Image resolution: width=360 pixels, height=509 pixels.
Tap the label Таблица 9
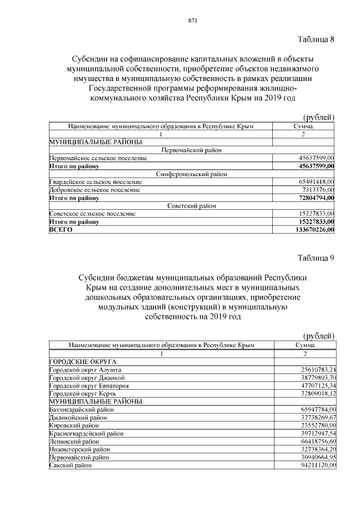pyautogui.click(x=316, y=258)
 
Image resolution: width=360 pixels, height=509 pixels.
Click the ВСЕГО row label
pyautogui.click(x=58, y=229)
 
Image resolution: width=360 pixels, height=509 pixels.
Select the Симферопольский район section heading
pyautogui.click(x=191, y=174)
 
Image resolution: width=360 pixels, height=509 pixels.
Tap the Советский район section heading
pyautogui.click(x=191, y=206)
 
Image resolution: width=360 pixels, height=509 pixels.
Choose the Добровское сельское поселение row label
pyautogui.click(x=94, y=190)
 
